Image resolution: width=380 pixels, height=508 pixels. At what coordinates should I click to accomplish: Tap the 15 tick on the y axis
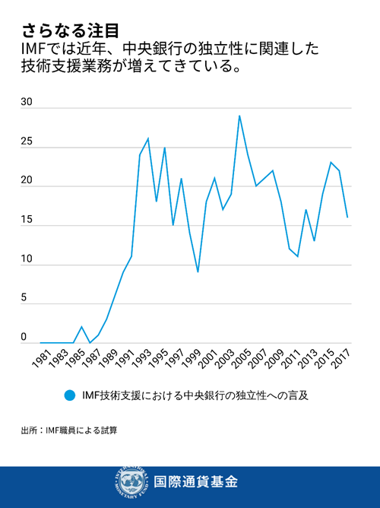click(27, 221)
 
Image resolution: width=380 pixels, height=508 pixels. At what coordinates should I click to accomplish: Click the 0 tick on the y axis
click(24, 337)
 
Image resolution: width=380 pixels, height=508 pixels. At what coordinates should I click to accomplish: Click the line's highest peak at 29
click(239, 116)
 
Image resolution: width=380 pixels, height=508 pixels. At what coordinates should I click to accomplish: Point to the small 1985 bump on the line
click(81, 327)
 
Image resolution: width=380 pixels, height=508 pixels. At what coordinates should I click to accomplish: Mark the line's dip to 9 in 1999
click(198, 271)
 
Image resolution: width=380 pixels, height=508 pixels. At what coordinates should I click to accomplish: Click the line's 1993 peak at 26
click(147, 138)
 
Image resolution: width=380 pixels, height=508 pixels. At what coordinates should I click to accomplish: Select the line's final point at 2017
click(347, 217)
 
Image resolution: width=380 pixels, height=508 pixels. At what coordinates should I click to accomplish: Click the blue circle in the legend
click(70, 395)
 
